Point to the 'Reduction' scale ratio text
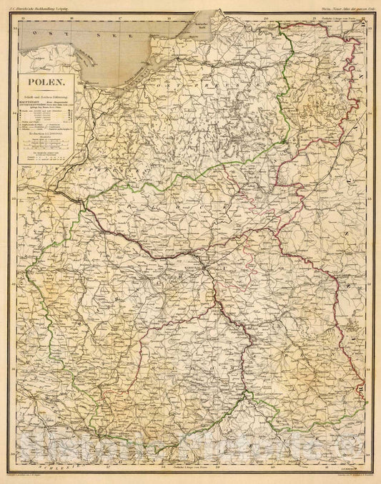pyautogui.click(x=44, y=132)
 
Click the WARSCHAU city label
pyautogui.click(x=189, y=261)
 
